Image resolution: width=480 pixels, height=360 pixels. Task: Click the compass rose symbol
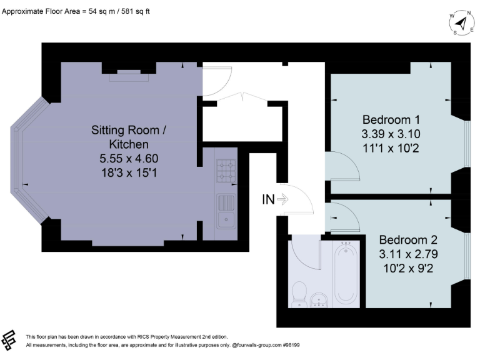[461, 23]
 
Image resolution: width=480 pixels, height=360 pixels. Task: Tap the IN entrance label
[268, 199]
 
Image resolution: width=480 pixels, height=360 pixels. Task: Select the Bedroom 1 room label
[391, 119]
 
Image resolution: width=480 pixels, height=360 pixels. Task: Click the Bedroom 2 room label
[408, 239]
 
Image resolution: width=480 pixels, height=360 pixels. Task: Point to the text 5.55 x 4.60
[129, 159]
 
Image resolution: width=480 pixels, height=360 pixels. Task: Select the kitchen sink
[226, 211]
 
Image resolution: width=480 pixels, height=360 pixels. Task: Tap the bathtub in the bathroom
[344, 274]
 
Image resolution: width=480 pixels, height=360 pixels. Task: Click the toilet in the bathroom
[299, 294]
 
